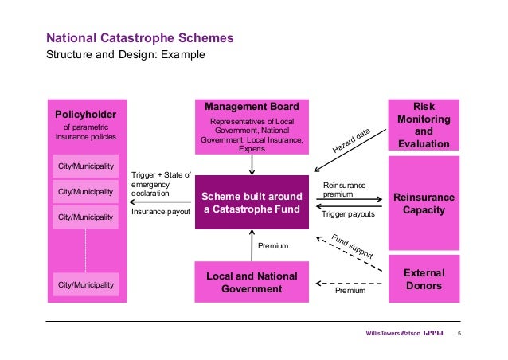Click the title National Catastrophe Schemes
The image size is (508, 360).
click(139, 38)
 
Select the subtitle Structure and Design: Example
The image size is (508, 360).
click(126, 55)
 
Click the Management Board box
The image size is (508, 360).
click(252, 126)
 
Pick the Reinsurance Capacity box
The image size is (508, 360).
click(424, 204)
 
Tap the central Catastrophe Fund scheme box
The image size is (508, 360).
click(252, 203)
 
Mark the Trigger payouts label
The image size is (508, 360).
click(347, 214)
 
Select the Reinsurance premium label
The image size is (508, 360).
click(344, 190)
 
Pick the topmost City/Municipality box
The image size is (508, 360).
click(85, 167)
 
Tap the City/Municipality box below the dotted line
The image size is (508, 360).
click(85, 284)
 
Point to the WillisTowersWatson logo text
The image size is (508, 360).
click(392, 332)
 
